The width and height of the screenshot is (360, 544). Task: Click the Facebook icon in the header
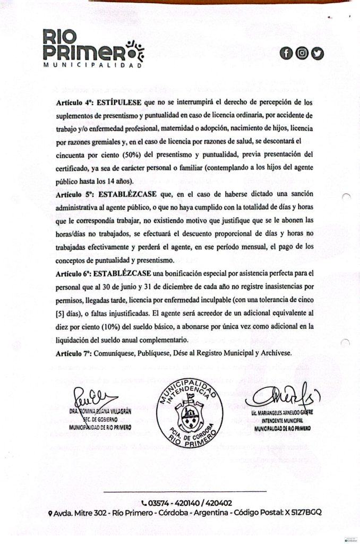pyautogui.click(x=287, y=53)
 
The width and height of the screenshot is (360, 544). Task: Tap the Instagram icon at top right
pyautogui.click(x=302, y=53)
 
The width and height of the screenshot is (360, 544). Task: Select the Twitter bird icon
pyautogui.click(x=317, y=53)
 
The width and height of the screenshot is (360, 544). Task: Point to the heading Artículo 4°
pyautogui.click(x=73, y=100)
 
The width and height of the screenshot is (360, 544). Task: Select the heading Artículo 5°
pyautogui.click(x=73, y=194)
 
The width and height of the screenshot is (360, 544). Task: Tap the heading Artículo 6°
pyautogui.click(x=73, y=274)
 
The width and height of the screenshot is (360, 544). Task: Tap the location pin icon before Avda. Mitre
pyautogui.click(x=50, y=513)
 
